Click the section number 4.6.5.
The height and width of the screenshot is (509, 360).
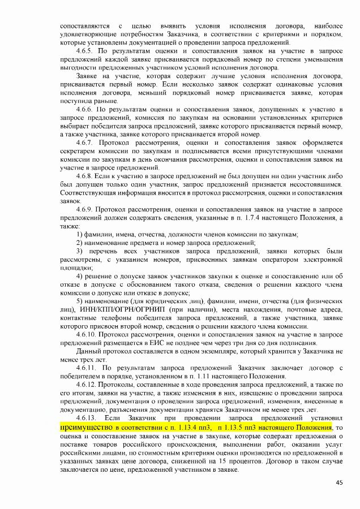click(86, 51)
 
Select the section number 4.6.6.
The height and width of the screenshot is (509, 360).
click(86, 107)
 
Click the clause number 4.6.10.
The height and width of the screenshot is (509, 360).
click(88, 335)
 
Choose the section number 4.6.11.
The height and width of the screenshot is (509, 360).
click(88, 368)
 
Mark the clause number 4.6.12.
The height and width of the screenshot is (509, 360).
click(88, 385)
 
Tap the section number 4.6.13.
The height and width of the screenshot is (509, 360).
click(88, 418)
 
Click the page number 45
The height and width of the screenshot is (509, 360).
click(339, 482)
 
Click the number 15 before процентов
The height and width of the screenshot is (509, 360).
click(231, 460)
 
